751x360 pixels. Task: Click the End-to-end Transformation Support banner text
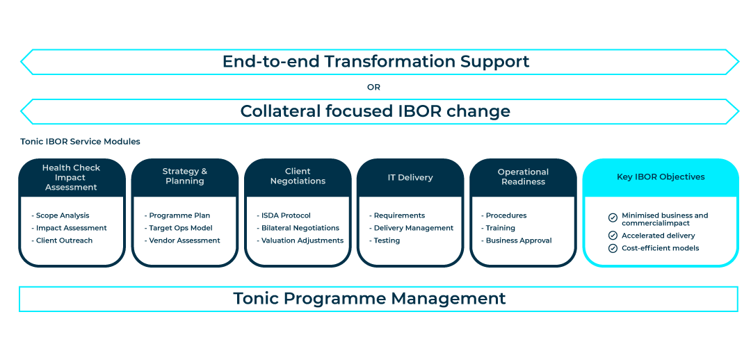click(x=375, y=61)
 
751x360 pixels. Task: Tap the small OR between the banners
click(x=374, y=88)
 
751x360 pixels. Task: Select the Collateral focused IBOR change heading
click(x=375, y=111)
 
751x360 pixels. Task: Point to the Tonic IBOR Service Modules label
click(x=80, y=142)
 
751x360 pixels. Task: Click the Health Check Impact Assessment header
click(x=71, y=177)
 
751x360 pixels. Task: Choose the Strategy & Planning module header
click(x=185, y=177)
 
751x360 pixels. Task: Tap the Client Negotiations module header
click(x=298, y=177)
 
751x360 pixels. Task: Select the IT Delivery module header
click(x=410, y=178)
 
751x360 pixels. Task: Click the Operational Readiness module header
click(x=523, y=177)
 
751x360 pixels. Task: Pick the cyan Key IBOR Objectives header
click(x=661, y=177)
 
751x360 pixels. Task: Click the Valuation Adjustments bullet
click(x=300, y=241)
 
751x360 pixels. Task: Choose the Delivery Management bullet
click(x=411, y=229)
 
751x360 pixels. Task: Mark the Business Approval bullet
click(x=516, y=241)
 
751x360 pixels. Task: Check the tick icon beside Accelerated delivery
click(x=613, y=236)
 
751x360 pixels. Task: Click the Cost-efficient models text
click(x=661, y=248)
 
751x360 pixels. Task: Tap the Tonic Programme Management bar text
click(x=369, y=299)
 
